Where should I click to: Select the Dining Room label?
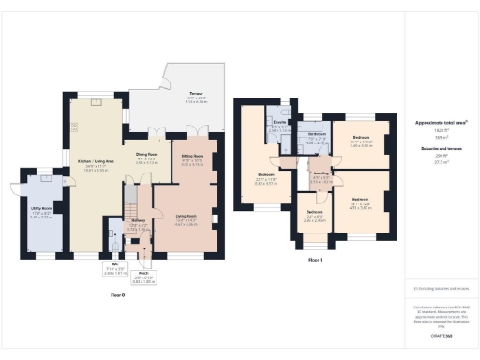[146, 154]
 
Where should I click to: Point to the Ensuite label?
[278, 123]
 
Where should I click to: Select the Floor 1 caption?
[315, 260]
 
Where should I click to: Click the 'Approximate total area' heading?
[441, 122]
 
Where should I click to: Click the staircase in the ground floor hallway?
[130, 200]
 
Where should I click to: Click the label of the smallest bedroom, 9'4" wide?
[313, 213]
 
